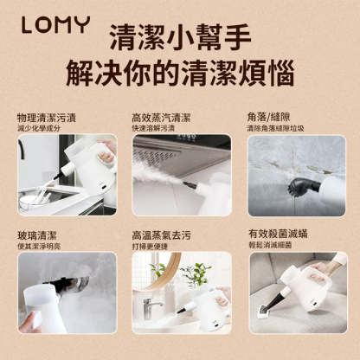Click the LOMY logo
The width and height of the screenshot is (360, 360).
coord(53,25)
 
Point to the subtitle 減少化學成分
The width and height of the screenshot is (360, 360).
coord(39,129)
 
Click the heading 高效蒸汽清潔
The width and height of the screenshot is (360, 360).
coord(161,118)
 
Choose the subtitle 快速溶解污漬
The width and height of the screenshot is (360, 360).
coord(154,129)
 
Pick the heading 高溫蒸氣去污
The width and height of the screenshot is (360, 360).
coord(161,235)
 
